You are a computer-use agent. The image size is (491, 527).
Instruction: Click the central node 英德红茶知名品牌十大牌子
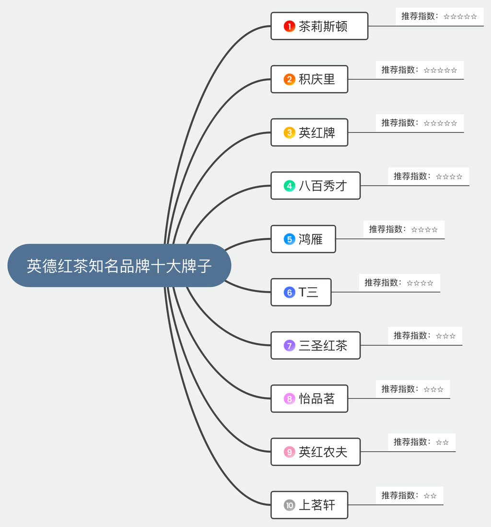click(x=119, y=266)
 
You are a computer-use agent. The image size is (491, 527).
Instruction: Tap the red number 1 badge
click(x=289, y=26)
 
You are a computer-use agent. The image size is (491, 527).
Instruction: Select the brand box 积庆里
click(x=309, y=79)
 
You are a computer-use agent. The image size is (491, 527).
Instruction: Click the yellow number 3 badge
click(x=289, y=132)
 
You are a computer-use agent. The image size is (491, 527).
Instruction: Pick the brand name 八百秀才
click(x=323, y=186)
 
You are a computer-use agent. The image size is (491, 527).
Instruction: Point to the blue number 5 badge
click(x=289, y=239)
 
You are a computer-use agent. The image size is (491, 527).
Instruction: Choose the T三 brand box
click(x=301, y=292)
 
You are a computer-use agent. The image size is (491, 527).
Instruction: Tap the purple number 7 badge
click(x=289, y=346)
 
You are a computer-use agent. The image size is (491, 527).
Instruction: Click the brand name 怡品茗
click(x=316, y=398)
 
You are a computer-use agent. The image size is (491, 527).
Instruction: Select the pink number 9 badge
click(x=289, y=452)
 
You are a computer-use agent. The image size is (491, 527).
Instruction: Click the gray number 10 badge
click(x=289, y=505)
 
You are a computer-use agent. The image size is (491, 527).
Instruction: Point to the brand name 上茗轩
click(x=316, y=505)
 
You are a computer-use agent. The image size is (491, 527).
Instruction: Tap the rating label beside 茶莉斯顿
click(x=439, y=16)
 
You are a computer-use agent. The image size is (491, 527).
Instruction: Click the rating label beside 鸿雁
click(x=404, y=230)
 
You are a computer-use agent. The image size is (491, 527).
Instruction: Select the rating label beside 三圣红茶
click(x=425, y=336)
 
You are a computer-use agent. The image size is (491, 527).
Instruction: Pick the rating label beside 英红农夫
click(x=421, y=442)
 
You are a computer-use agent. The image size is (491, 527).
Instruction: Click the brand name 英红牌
click(x=316, y=132)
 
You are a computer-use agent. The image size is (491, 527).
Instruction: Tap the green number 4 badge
click(x=289, y=186)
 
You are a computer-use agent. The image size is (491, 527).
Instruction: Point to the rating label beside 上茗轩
click(x=409, y=495)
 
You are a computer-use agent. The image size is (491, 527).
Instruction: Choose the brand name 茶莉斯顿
click(x=323, y=26)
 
